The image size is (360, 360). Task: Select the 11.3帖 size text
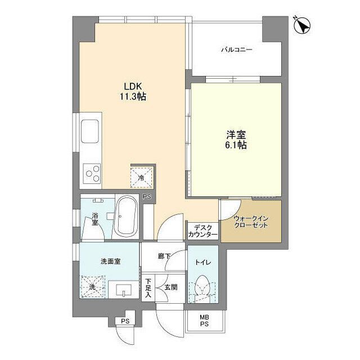(x=133, y=97)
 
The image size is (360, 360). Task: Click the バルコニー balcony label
(x=236, y=50)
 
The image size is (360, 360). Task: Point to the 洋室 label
(x=236, y=134)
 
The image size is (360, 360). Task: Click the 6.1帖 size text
(x=236, y=145)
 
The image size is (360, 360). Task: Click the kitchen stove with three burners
(x=92, y=173)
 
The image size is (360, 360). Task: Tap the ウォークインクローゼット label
(x=251, y=221)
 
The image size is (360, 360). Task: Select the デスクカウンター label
(x=202, y=231)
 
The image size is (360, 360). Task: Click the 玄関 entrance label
(x=170, y=287)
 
